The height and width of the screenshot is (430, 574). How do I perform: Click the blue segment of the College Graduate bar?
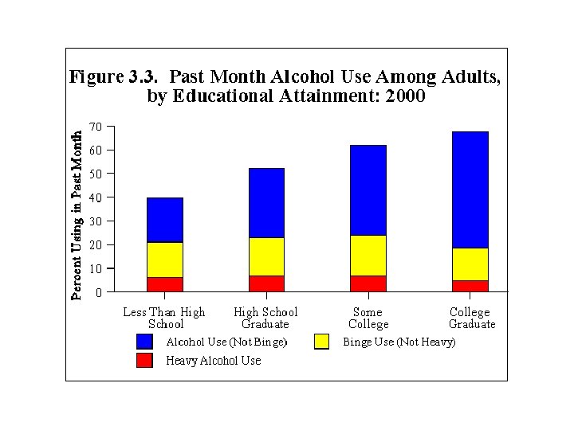click(x=470, y=190)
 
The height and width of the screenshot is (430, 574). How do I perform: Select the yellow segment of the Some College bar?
click(x=368, y=255)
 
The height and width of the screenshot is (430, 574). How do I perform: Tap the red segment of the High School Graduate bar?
click(x=265, y=283)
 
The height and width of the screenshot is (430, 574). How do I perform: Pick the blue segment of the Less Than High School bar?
click(x=164, y=220)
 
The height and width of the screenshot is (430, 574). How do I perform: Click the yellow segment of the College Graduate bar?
click(x=470, y=264)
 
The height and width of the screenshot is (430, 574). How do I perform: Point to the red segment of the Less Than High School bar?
click(x=164, y=284)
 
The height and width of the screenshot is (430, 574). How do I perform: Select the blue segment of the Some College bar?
click(x=368, y=190)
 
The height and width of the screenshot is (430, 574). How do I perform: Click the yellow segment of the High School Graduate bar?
click(x=265, y=256)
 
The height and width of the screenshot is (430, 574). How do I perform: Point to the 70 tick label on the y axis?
click(x=96, y=127)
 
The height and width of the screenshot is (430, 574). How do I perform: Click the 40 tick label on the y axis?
click(x=96, y=197)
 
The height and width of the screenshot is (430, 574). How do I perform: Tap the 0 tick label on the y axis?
click(x=99, y=292)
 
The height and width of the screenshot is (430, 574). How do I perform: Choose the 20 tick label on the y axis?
click(x=96, y=245)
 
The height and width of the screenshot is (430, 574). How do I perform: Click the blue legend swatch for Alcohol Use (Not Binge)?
click(x=144, y=342)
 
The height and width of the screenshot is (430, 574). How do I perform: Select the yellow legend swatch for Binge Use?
click(x=322, y=342)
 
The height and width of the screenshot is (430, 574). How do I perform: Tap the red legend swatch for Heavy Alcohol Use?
click(x=144, y=361)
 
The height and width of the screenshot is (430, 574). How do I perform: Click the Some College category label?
click(x=368, y=319)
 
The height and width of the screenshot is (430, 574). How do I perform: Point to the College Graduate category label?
click(x=470, y=319)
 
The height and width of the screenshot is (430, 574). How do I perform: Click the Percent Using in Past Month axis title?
click(x=77, y=215)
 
